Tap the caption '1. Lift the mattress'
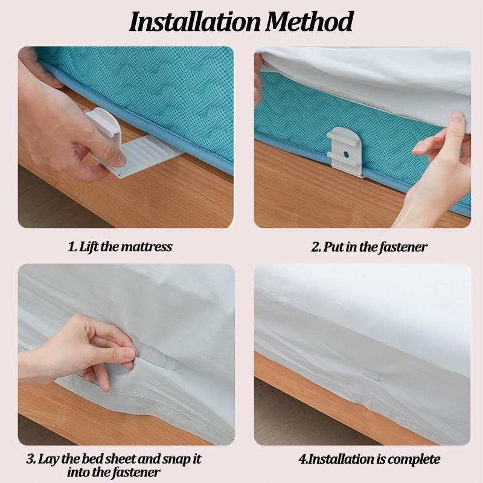pyautogui.click(x=120, y=246)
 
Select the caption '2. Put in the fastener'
pyautogui.click(x=369, y=246)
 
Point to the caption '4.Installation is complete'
pyautogui.click(x=369, y=459)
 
